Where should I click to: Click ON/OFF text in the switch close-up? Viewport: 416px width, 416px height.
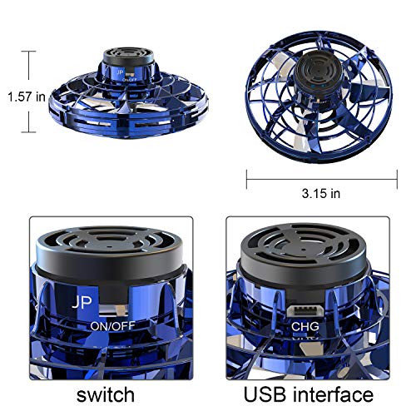click(116, 327)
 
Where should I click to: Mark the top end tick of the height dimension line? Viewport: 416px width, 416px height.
click(32, 52)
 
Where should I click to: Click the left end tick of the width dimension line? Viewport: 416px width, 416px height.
click(247, 176)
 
